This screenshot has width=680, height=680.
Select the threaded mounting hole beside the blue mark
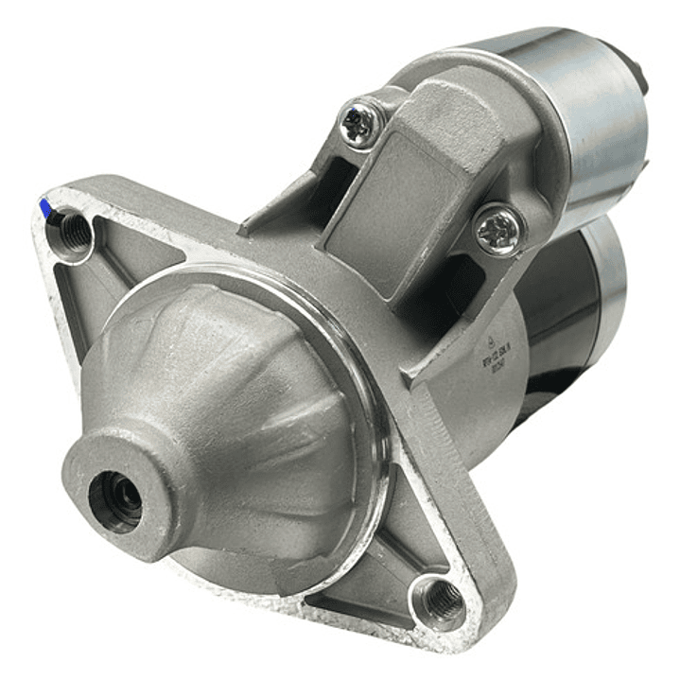click(x=76, y=230)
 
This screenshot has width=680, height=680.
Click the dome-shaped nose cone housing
click(x=227, y=397)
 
